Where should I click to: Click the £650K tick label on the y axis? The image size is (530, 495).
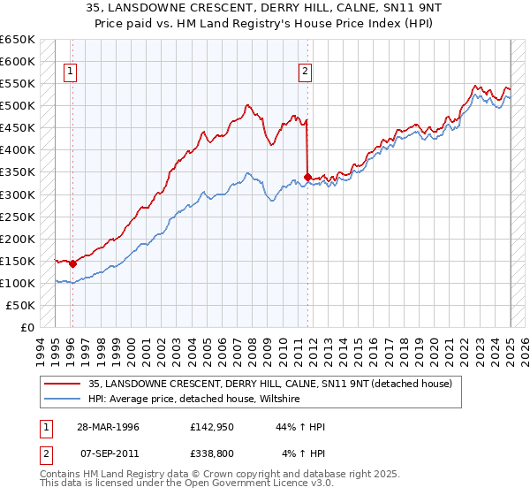click(x=19, y=40)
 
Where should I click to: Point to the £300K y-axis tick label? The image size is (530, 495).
click(x=19, y=194)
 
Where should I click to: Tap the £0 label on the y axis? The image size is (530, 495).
click(x=28, y=327)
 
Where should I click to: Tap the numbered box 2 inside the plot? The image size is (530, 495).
click(x=305, y=72)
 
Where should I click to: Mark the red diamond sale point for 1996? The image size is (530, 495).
click(x=72, y=263)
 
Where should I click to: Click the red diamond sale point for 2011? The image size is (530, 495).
click(x=307, y=177)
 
